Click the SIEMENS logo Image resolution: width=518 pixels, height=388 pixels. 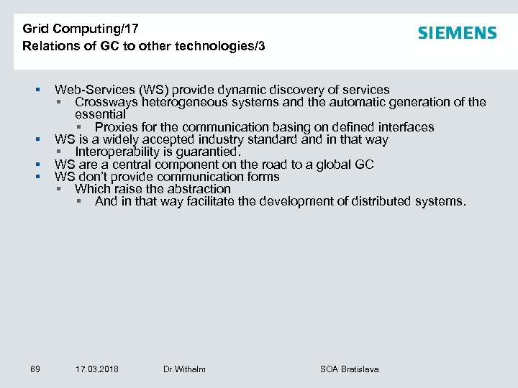pyautogui.click(x=457, y=33)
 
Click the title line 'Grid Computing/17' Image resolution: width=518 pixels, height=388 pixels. pyautogui.click(x=81, y=29)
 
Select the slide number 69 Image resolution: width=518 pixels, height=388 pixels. pyautogui.click(x=35, y=369)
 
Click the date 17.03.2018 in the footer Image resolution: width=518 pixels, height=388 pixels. pyautogui.click(x=97, y=369)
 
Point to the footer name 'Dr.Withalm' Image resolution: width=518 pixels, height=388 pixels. pyautogui.click(x=184, y=369)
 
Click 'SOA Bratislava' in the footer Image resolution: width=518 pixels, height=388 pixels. pyautogui.click(x=349, y=369)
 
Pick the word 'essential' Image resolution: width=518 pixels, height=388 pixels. pyautogui.click(x=100, y=114)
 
